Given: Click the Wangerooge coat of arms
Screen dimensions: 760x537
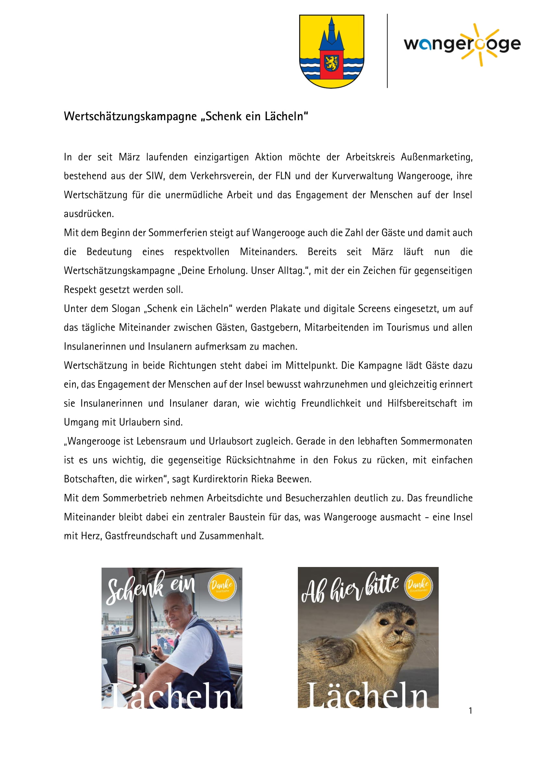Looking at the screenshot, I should pos(331,51).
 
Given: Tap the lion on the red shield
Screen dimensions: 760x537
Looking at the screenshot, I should pos(331,63).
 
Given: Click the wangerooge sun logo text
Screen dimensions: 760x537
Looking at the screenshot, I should pos(462,45).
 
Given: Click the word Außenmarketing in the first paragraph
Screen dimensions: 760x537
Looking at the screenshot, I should pos(436,157).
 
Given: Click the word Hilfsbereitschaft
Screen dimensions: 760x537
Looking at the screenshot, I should pos(422,403).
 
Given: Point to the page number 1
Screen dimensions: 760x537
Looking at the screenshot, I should pos(470,711).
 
